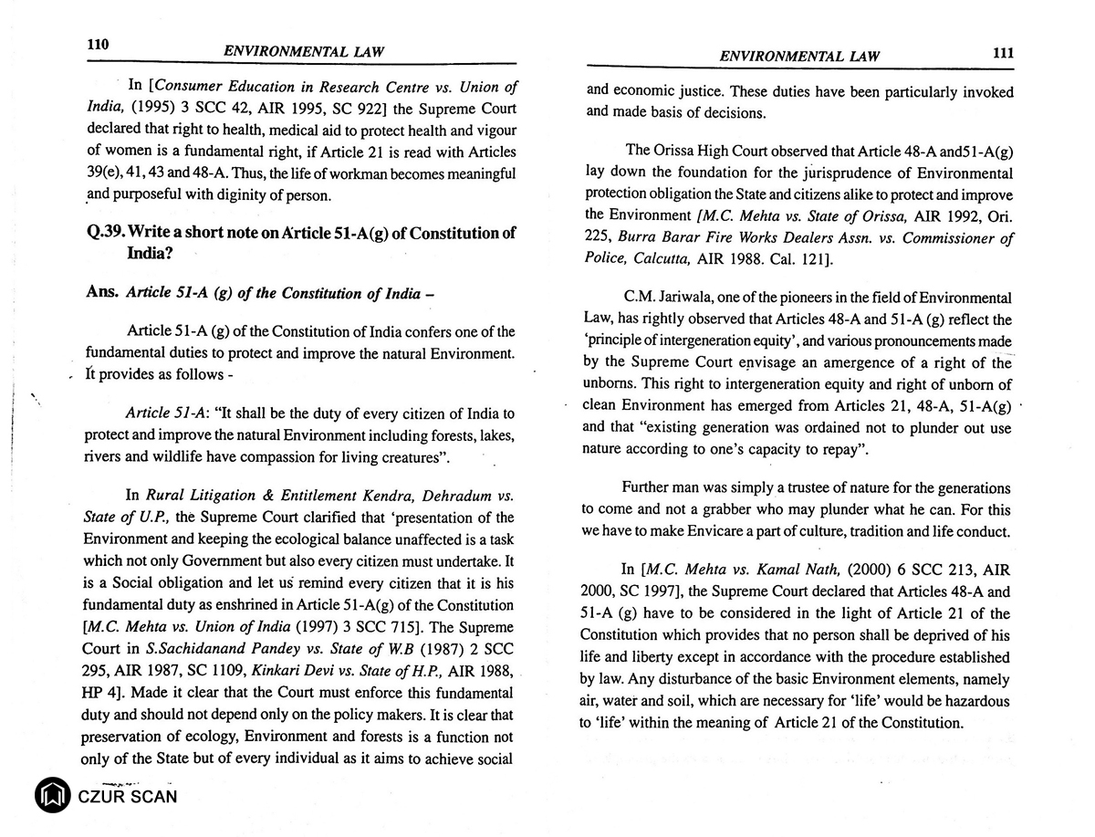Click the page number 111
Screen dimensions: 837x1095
tap(1002, 54)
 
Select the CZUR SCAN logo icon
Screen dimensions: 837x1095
tap(52, 795)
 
